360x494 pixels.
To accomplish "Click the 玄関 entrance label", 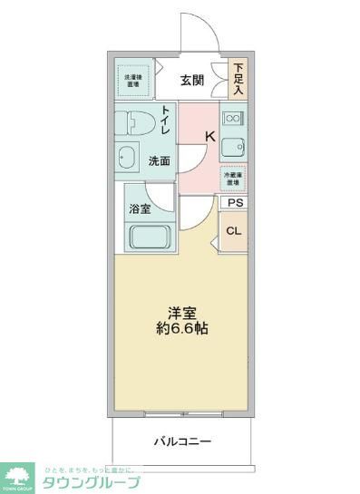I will [x=191, y=80].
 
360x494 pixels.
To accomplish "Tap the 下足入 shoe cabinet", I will [x=238, y=79].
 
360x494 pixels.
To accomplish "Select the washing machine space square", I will [x=132, y=82].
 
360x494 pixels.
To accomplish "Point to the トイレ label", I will [x=165, y=120].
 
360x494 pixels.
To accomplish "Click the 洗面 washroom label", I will [x=161, y=161].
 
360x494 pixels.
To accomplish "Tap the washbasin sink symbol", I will [x=128, y=156].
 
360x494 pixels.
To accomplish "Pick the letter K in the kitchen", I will [x=209, y=137].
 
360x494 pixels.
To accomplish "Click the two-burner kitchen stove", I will [x=232, y=118].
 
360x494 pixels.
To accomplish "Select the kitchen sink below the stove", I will [x=234, y=148].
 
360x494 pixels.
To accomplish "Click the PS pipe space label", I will [x=235, y=204].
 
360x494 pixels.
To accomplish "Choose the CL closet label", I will [x=234, y=230].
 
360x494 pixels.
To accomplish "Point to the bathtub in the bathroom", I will [x=145, y=238].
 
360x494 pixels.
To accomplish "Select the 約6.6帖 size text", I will [x=180, y=327].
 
